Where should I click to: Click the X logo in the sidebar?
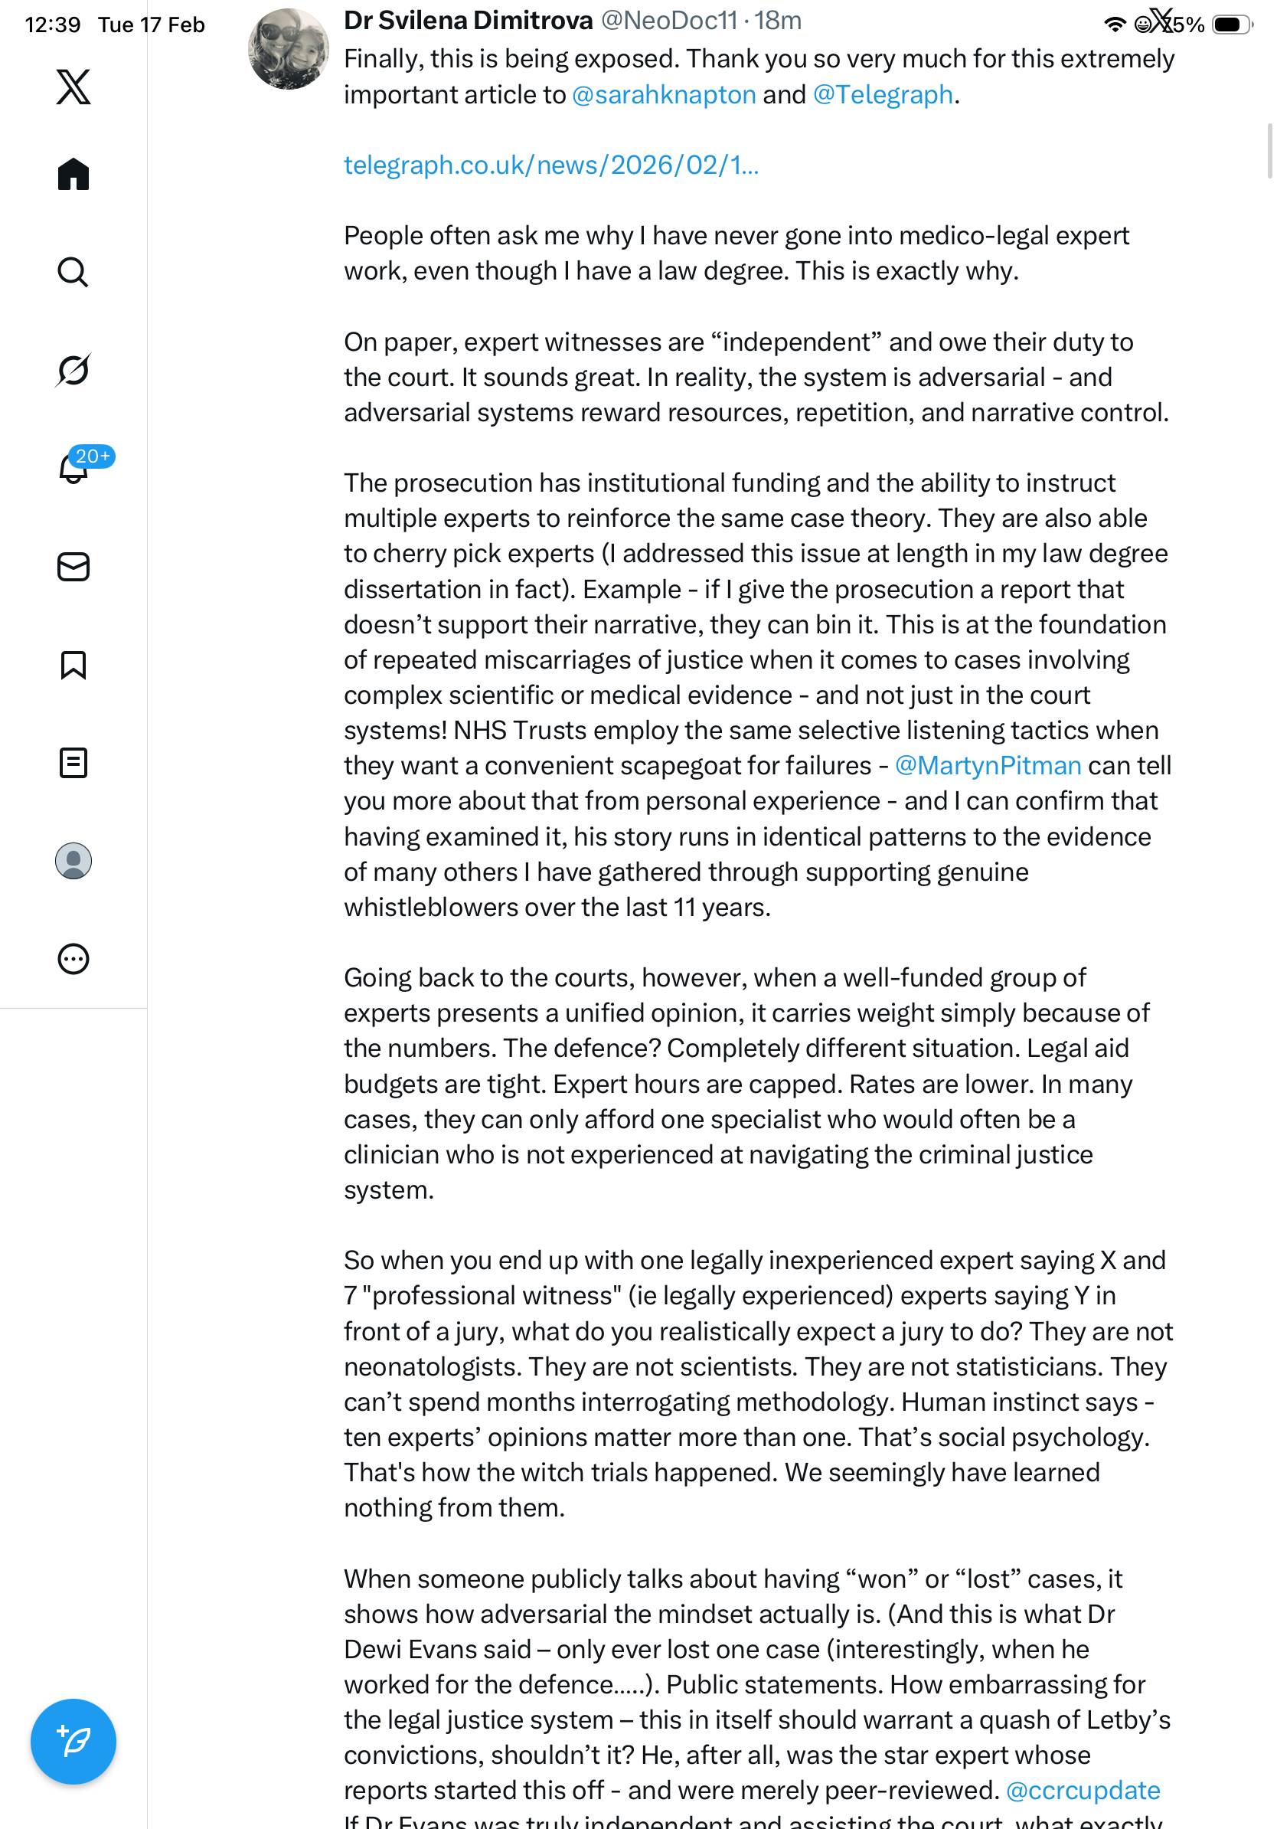coord(73,87)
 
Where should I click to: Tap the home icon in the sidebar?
coord(73,174)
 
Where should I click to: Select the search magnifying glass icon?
coord(73,273)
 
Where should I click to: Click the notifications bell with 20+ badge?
coord(74,468)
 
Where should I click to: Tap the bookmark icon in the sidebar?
coord(73,664)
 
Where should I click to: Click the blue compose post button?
coord(73,1741)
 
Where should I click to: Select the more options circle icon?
coord(73,959)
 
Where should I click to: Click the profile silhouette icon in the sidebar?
coord(73,861)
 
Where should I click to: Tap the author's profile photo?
coord(288,49)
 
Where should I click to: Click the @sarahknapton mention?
coord(663,95)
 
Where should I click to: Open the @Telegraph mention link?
coord(882,95)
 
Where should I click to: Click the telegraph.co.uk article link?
coord(551,165)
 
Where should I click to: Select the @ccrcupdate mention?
coord(1083,1790)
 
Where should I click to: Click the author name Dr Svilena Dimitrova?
coord(468,21)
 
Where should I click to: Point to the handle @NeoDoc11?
coord(669,21)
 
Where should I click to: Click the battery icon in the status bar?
coord(1231,25)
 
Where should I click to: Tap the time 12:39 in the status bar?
coord(53,25)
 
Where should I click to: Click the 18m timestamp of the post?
coord(778,21)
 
